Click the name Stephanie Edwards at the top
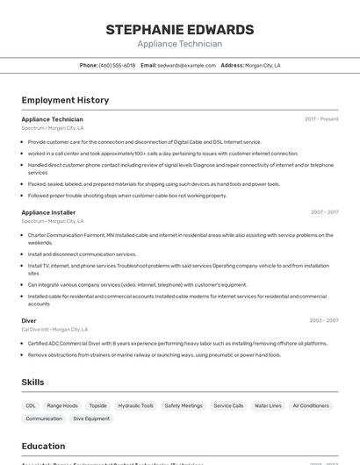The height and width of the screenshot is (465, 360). point(180,30)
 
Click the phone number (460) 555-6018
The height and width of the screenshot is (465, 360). point(117,65)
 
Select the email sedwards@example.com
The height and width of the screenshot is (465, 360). point(187,65)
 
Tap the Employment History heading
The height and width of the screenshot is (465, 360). point(65,100)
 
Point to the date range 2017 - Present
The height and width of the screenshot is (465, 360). point(321,119)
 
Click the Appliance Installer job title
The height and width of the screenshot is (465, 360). point(48,212)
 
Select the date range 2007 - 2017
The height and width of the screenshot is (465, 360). point(324,212)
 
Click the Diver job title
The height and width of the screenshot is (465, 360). point(29,320)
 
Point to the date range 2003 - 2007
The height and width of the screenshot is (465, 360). point(324,320)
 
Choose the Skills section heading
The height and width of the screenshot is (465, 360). point(32,382)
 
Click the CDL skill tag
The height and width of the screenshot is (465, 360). point(31,405)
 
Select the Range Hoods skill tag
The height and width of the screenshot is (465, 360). point(62,405)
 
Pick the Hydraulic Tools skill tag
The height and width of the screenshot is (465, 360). point(136,405)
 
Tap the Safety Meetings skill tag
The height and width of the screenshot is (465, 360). point(184,405)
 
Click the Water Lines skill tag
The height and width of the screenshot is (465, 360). point(268,405)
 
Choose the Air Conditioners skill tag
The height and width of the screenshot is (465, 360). point(311,405)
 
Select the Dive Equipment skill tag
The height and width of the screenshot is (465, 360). point(91,418)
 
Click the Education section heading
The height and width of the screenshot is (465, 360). point(43,446)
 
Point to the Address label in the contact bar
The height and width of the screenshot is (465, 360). point(232,65)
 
